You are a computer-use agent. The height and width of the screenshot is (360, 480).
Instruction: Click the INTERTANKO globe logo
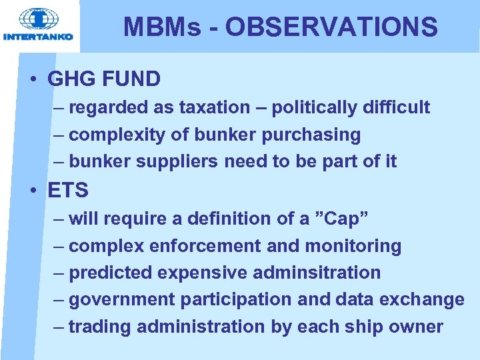(38, 19)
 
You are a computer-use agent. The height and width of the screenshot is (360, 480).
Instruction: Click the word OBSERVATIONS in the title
(331, 27)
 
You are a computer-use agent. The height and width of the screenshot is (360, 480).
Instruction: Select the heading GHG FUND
(104, 79)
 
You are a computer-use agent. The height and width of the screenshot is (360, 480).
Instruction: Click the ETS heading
(68, 190)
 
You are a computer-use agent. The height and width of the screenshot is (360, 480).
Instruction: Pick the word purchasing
(311, 135)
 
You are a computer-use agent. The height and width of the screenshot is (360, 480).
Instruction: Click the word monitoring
(353, 246)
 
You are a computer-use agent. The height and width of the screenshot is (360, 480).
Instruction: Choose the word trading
(101, 327)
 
